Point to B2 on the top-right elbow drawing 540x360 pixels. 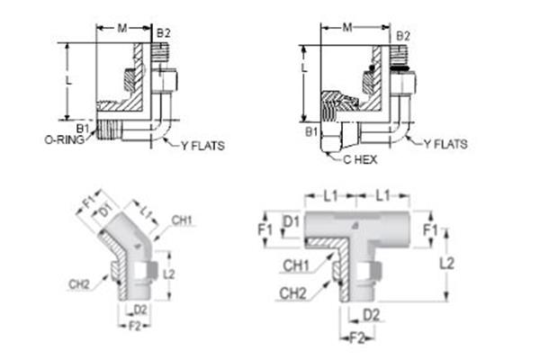click(x=404, y=35)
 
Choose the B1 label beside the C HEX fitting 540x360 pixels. click(x=310, y=131)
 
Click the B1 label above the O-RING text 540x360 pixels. click(x=83, y=129)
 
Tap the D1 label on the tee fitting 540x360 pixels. click(x=290, y=220)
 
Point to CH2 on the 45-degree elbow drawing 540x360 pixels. click(x=78, y=283)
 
